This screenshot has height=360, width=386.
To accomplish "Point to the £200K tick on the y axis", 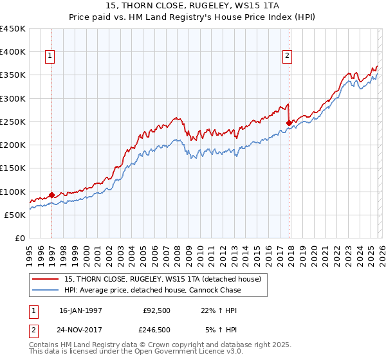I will [13, 145].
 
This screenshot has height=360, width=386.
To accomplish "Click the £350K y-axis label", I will [13, 75].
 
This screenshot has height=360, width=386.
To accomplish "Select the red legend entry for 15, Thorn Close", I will [162, 280].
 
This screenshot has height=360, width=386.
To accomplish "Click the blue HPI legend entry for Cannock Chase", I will [152, 290].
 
